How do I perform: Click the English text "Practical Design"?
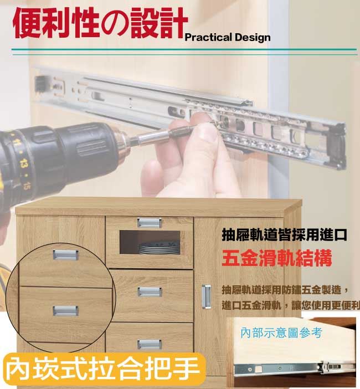click(x=228, y=38)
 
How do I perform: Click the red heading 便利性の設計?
click(x=100, y=23)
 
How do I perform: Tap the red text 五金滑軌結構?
click(x=276, y=258)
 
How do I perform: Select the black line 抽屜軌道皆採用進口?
click(x=284, y=235)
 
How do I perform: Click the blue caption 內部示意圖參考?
click(x=281, y=332)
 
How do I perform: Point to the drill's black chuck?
click(x=87, y=146)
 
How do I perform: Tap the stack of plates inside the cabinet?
click(x=159, y=248)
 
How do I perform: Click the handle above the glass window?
click(x=149, y=223)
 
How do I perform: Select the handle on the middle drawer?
click(x=150, y=291)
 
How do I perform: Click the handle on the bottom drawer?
click(x=149, y=344)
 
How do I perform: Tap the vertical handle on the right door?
click(x=206, y=296)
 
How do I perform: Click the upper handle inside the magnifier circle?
click(x=66, y=255)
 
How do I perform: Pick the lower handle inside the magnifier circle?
click(x=66, y=311)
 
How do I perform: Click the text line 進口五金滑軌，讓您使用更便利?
click(x=291, y=305)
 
